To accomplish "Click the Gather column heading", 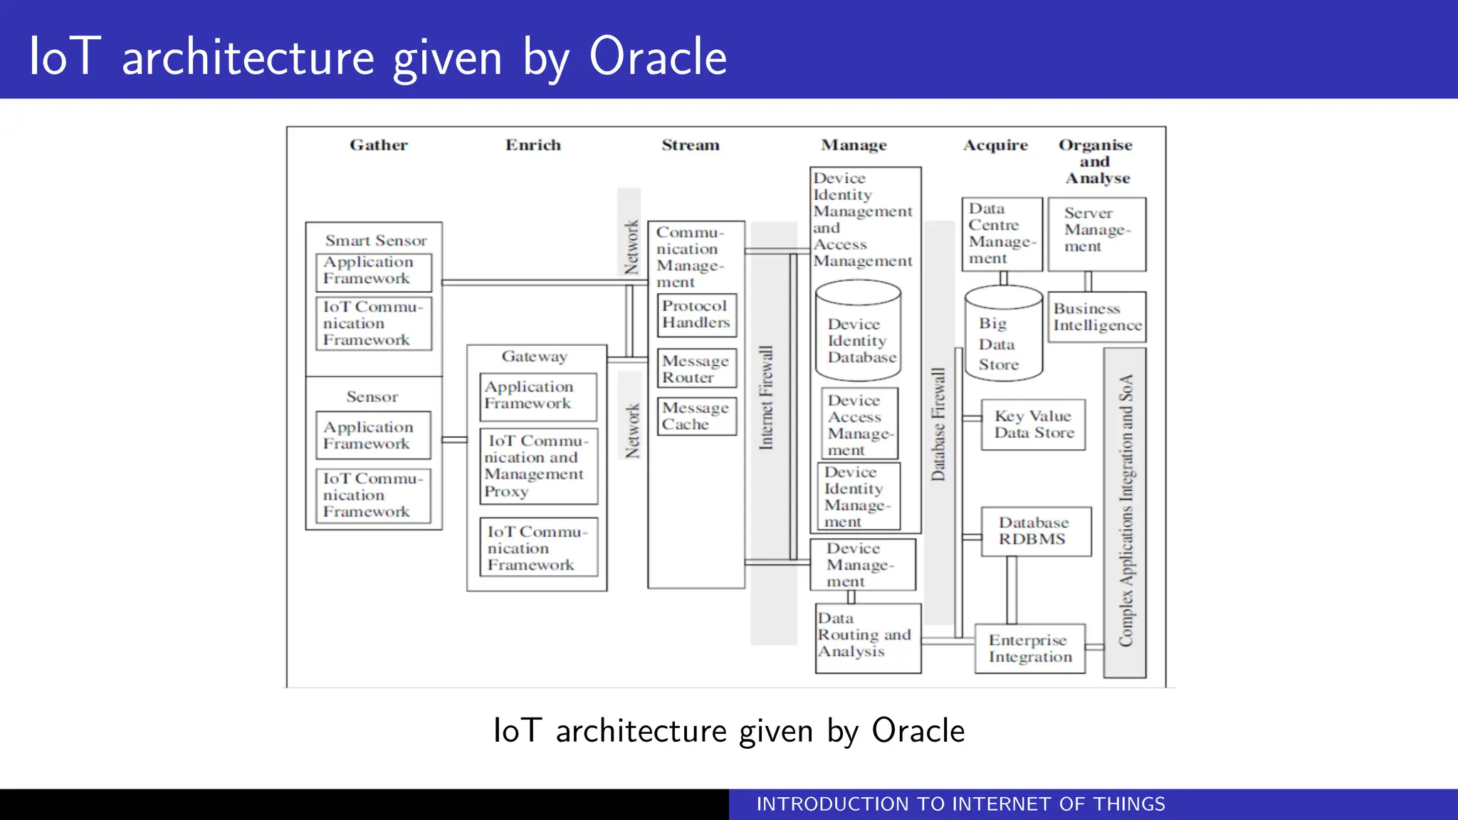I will [x=379, y=145].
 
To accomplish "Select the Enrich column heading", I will [x=533, y=145].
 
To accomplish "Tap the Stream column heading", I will [x=691, y=145].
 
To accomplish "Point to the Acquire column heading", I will [x=995, y=145].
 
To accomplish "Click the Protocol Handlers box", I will [x=696, y=315].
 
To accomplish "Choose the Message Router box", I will [x=696, y=369].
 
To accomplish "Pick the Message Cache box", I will [x=696, y=416].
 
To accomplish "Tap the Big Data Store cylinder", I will [x=1003, y=335].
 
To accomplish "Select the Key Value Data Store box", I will [x=1033, y=424].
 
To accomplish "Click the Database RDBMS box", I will [x=1035, y=531].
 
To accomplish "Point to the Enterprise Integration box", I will [x=1029, y=648].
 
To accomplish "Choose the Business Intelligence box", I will [x=1096, y=317].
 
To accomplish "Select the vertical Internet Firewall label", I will [x=766, y=398].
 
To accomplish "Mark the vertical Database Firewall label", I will [x=939, y=424].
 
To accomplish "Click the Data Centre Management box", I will [x=1001, y=233].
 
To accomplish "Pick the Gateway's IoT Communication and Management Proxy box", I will [x=538, y=466].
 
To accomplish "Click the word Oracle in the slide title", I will [x=658, y=57].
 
